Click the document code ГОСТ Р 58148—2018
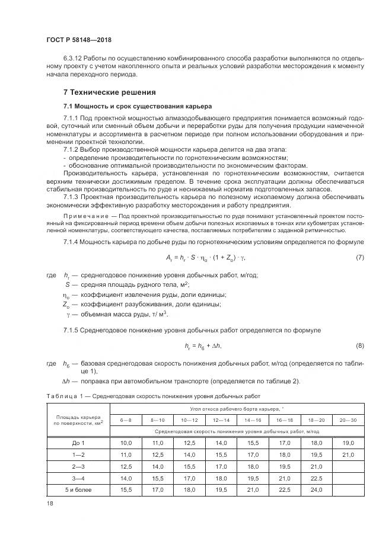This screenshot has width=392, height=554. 79,40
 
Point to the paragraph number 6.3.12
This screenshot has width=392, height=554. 73,59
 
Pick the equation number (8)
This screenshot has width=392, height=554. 360,345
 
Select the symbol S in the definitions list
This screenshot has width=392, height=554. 68,284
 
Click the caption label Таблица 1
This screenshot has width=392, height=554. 62,396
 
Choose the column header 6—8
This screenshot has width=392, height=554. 126,419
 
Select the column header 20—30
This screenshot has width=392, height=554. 349,419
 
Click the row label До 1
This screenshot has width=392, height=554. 78,443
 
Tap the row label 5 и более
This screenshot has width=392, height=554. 78,489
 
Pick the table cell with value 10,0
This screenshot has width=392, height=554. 126,443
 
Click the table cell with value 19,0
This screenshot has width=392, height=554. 349,443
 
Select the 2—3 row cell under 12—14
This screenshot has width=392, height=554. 221,466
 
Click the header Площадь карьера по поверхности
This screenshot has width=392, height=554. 78,419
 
